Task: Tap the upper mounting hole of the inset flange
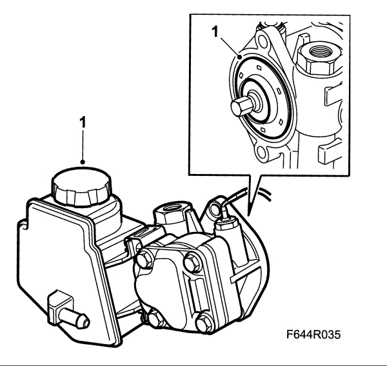pyautogui.click(x=264, y=40)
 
